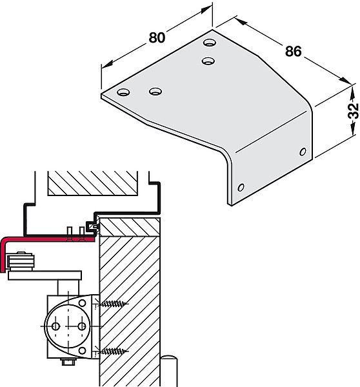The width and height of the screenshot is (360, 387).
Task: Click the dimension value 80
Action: [157, 37]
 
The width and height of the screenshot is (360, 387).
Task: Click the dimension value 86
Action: [294, 52]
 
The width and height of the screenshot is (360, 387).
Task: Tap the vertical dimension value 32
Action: [354, 110]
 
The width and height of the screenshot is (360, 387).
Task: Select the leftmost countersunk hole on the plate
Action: [123, 92]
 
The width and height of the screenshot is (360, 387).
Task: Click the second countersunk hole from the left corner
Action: [155, 92]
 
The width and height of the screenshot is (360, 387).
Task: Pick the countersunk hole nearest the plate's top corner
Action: [210, 43]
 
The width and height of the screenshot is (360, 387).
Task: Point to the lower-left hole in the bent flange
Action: [241, 187]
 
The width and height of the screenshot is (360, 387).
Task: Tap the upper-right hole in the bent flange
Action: [303, 152]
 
